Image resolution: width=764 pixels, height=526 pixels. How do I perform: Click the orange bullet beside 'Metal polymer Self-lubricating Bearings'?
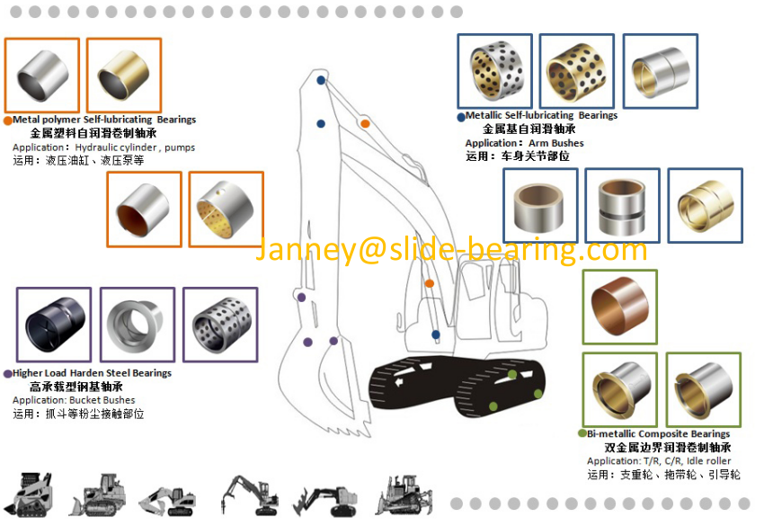(x=8, y=120)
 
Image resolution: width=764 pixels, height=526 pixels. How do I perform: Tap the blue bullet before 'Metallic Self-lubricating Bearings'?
(x=461, y=117)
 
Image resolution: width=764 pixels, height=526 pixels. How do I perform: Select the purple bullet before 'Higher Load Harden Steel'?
(x=8, y=374)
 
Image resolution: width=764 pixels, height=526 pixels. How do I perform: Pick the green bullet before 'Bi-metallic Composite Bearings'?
(x=582, y=433)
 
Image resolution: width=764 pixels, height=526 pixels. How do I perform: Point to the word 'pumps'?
(x=180, y=147)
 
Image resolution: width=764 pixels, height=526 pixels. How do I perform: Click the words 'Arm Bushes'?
(x=556, y=143)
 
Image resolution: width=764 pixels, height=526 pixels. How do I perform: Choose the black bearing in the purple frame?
(x=55, y=325)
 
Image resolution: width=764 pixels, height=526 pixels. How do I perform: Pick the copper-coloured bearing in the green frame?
(x=620, y=307)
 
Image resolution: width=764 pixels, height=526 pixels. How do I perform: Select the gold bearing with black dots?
(x=576, y=72)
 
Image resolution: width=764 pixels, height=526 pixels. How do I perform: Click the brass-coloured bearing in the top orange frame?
(x=124, y=75)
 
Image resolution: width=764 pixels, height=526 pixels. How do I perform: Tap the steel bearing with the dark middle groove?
(x=622, y=207)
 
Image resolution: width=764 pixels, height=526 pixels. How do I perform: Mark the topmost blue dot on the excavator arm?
(x=321, y=80)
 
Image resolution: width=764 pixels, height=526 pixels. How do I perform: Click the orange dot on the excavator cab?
(x=430, y=283)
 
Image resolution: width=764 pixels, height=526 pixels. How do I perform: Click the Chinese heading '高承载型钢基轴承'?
(x=76, y=387)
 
